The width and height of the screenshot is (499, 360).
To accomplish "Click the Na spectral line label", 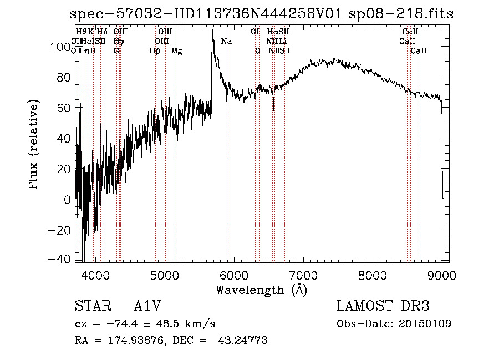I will coord(226,41).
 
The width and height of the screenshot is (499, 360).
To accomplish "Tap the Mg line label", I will coord(176,51).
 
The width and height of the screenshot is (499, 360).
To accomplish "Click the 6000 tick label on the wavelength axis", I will coord(234,275).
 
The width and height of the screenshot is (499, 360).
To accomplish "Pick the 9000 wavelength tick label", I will coord(441,275).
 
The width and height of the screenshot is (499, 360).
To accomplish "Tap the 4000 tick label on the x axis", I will coord(95,275).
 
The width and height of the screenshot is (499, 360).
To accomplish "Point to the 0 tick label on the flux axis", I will coord(67,199).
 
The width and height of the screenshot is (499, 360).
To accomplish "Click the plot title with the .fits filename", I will coord(261,14).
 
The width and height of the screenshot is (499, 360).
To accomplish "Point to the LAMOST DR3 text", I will coord(383,306).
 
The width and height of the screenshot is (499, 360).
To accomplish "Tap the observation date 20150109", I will coord(425,323).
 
